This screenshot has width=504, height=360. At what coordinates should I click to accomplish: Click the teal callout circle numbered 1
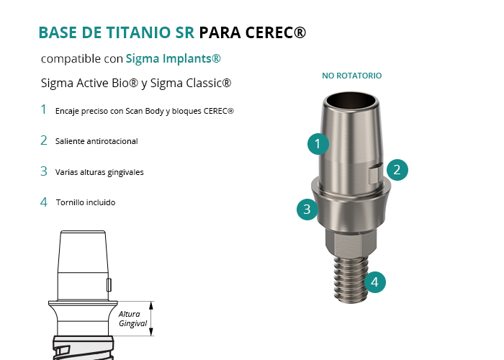tap(318, 144)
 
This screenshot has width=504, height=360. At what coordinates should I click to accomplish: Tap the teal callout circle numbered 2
tap(397, 170)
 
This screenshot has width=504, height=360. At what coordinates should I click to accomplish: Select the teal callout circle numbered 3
tap(307, 210)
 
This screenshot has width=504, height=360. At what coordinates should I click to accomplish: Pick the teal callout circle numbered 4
tap(375, 282)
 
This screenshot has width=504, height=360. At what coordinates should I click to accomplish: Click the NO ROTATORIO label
tap(351, 76)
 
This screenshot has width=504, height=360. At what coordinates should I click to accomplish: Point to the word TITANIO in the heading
tap(138, 32)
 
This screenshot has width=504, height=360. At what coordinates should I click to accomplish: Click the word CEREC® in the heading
tap(276, 32)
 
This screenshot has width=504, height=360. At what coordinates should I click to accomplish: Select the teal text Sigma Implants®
tap(173, 58)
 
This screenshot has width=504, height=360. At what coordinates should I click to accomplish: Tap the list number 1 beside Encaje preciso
tap(43, 109)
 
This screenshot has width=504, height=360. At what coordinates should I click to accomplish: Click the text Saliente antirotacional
tap(96, 141)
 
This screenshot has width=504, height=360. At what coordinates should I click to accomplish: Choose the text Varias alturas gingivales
tap(99, 172)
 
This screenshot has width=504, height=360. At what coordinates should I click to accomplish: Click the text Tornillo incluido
tap(86, 202)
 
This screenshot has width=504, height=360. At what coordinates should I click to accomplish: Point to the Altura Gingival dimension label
tap(132, 318)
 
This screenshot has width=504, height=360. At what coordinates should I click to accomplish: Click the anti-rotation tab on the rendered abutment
tap(375, 173)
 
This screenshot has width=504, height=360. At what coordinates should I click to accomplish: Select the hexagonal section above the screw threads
tap(351, 241)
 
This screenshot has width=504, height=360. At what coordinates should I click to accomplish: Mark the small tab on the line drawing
tap(109, 285)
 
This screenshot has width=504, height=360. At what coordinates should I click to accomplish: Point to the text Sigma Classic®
tap(191, 84)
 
